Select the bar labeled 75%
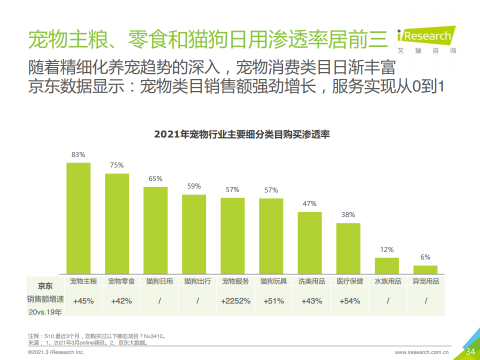(117, 223)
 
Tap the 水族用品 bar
(387, 265)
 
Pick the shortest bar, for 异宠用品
(425, 269)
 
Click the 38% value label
(348, 214)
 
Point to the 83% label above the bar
(78, 154)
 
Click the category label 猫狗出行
(197, 281)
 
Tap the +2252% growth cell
(235, 301)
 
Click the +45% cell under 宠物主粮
(83, 301)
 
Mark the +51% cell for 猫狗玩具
(273, 301)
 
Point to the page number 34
(470, 351)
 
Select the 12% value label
(387, 249)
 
